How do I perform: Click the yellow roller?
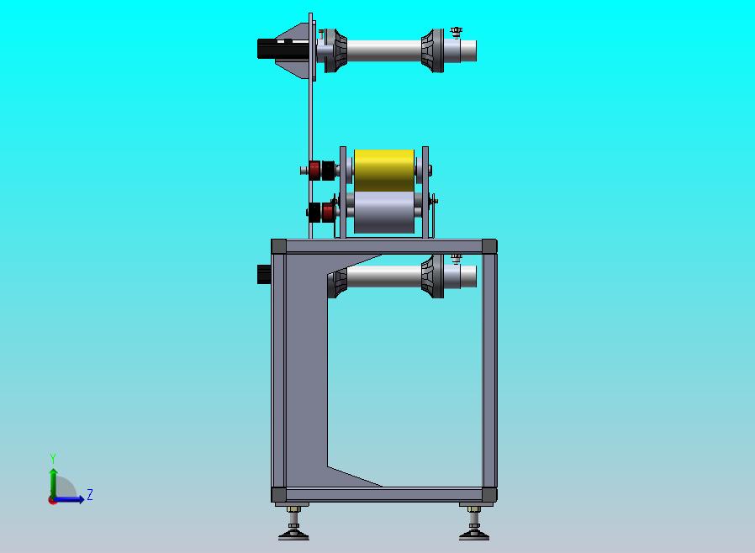tap(383, 171)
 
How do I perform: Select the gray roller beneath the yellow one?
tap(383, 213)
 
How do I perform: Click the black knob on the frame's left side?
tap(264, 274)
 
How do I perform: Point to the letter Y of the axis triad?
tap(53, 458)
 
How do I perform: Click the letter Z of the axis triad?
tap(90, 494)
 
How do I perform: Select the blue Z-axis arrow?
tap(68, 499)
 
